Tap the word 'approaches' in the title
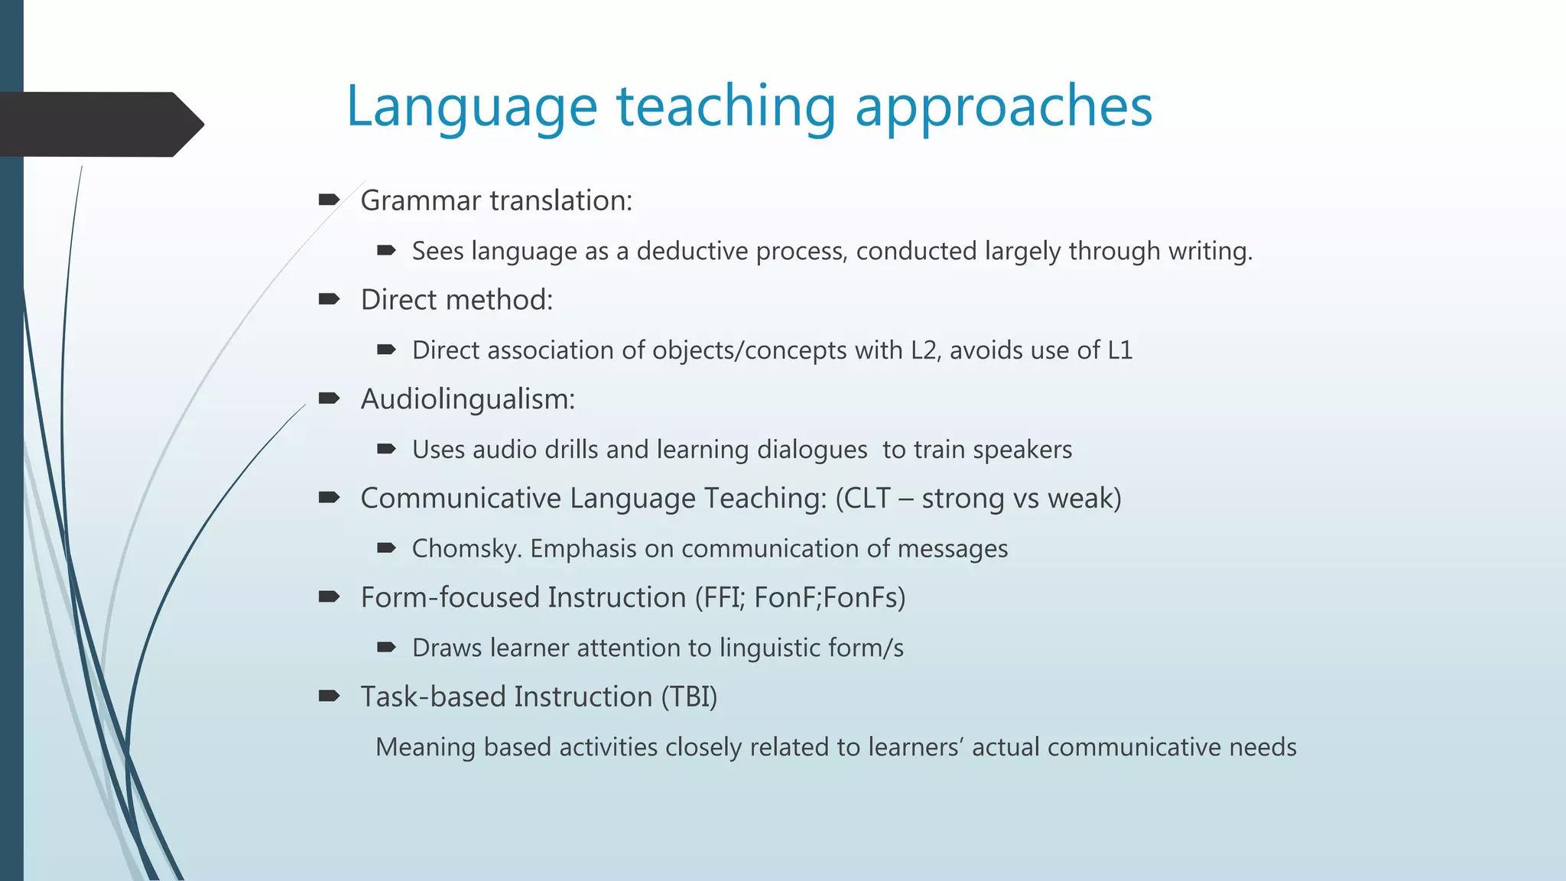(1003, 107)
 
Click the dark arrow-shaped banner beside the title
(99, 124)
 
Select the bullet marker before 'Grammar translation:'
(329, 200)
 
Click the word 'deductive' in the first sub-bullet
(692, 251)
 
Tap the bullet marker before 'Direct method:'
(329, 300)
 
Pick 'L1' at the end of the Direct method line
(1119, 350)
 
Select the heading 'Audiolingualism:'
(467, 399)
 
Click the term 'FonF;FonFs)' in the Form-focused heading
(830, 598)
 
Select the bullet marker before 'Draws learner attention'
(386, 648)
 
